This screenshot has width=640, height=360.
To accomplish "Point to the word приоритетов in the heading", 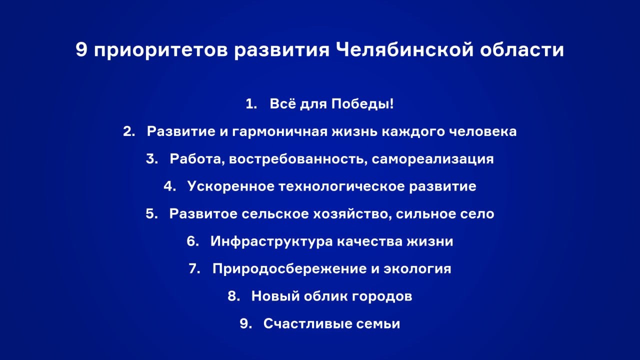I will pyautogui.click(x=160, y=50).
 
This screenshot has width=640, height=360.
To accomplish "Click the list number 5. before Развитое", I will pyautogui.click(x=151, y=214).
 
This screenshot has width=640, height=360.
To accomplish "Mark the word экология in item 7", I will pyautogui.click(x=417, y=269).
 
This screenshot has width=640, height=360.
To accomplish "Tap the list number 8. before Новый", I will pyautogui.click(x=234, y=296).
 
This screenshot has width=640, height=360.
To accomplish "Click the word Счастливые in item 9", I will pyautogui.click(x=304, y=323).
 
